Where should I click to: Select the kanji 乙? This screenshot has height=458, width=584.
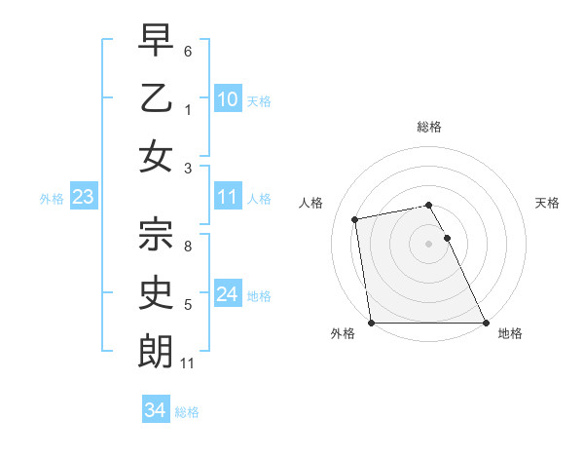[156, 99]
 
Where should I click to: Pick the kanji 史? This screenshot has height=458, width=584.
[156, 291]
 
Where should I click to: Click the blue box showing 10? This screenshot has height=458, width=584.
[228, 99]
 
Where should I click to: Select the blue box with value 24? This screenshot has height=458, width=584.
[228, 294]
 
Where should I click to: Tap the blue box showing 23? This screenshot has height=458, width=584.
[83, 198]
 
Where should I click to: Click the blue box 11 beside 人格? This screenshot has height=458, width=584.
[228, 197]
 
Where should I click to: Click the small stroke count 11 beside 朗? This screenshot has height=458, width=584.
[189, 363]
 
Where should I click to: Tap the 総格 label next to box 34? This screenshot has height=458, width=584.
[187, 412]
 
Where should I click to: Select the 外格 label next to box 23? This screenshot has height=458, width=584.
[52, 199]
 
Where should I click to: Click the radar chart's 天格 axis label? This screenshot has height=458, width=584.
[548, 203]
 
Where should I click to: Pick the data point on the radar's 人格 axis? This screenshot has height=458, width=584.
[356, 219]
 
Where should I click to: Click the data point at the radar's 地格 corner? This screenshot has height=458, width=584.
[485, 323]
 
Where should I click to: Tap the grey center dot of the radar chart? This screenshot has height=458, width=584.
[428, 244]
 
